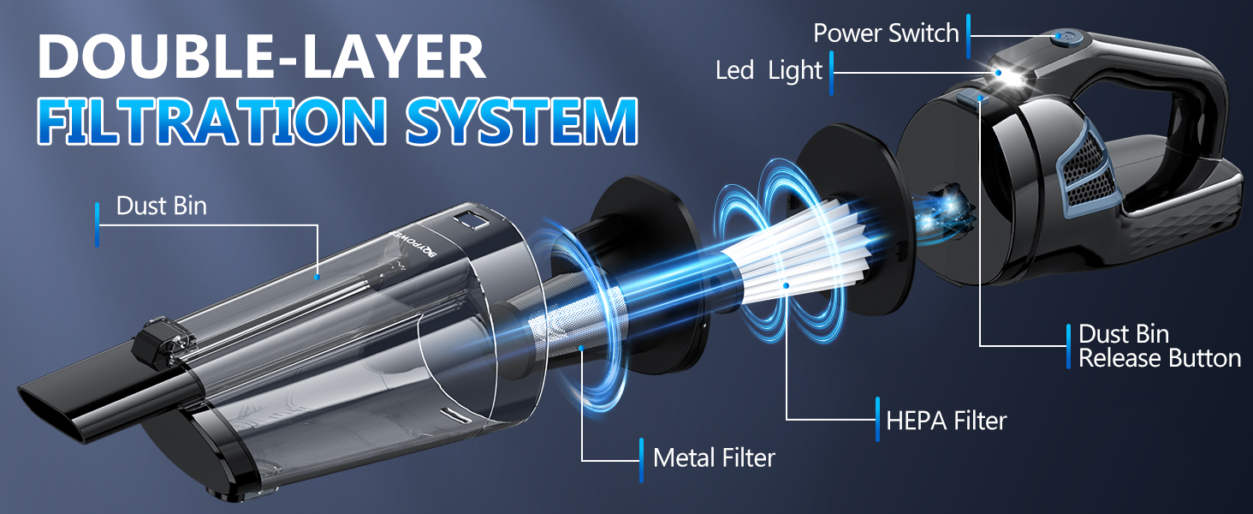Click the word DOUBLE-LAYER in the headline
pos(261,57)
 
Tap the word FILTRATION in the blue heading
pos(211,121)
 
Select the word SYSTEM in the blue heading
pos(522,121)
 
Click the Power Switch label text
pos(886,33)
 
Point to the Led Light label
pos(769,71)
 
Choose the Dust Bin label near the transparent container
pos(161,206)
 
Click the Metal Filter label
pos(714,458)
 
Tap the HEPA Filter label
pos(947,421)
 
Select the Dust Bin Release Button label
pos(1159,346)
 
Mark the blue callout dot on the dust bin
pos(318,278)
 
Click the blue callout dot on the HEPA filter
pos(786,285)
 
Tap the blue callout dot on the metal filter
pos(582,349)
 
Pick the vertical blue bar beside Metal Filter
pos(641,460)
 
